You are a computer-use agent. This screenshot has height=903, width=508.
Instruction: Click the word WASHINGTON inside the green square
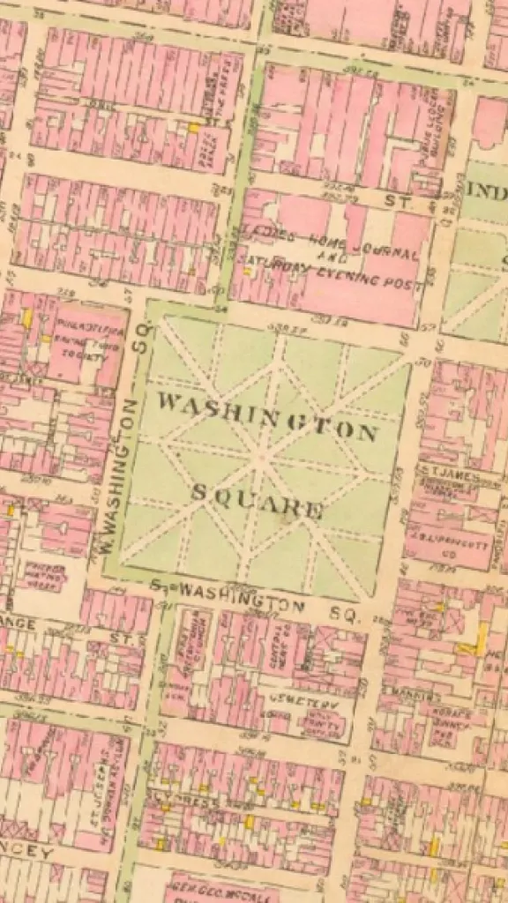pos(267,417)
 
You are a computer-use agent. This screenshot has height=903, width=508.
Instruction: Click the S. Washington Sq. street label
pos(256,601)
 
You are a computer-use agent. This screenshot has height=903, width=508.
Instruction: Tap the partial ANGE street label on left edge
pos(19,623)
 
